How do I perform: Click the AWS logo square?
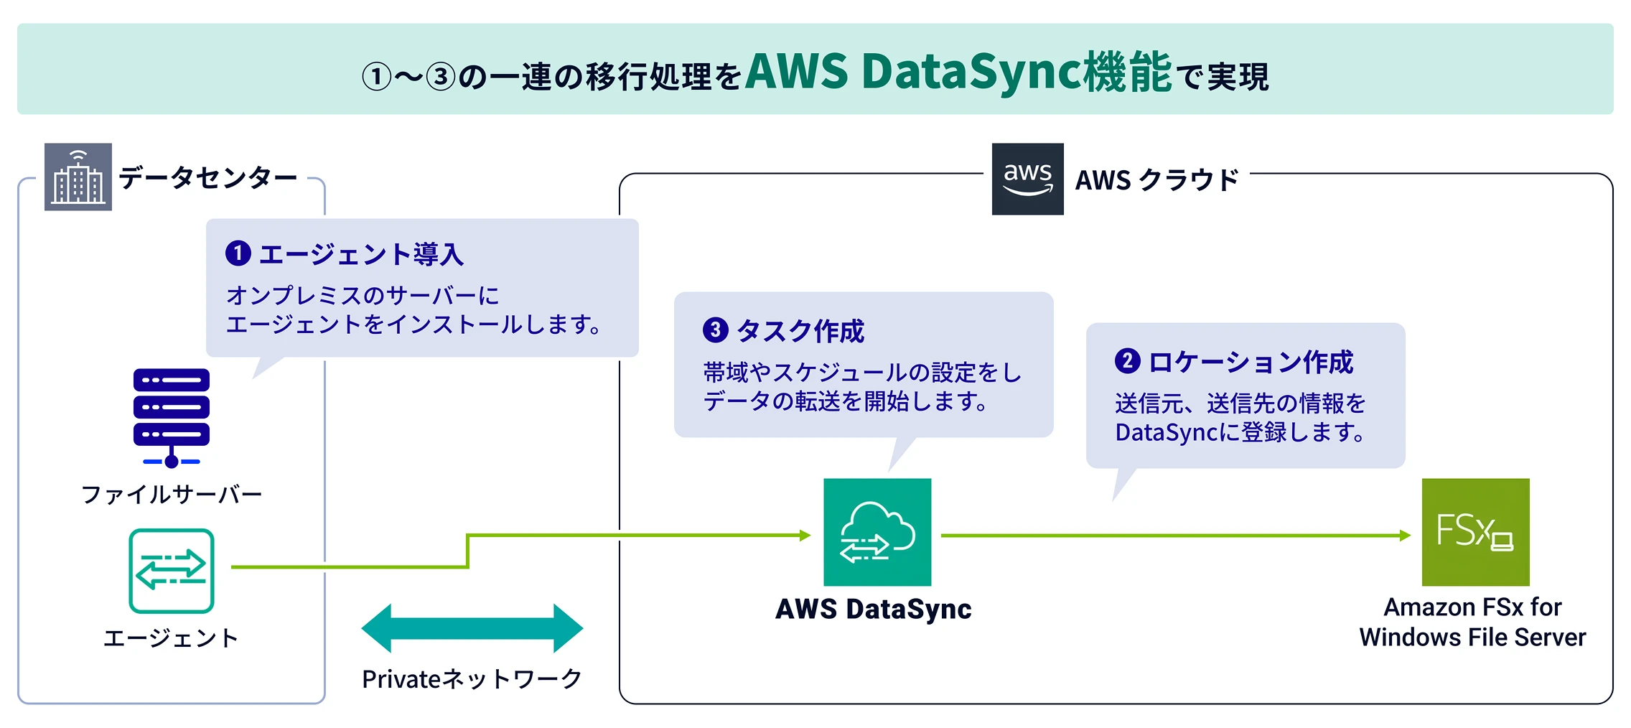coord(1027,179)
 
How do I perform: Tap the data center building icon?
coord(78,177)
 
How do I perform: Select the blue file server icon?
coord(172,416)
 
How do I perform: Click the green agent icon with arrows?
coord(172,571)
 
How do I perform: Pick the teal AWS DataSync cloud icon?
coord(877,532)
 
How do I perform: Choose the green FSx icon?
coord(1475,532)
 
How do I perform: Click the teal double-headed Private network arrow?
coord(472,628)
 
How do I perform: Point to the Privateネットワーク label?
coord(472,678)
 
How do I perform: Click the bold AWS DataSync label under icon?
coord(874,609)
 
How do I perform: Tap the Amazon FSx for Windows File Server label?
coord(1472,622)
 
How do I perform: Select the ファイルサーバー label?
coord(172,494)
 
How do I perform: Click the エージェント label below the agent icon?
coord(172,638)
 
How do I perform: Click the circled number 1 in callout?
coord(238,253)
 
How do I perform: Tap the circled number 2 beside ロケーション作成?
coord(1127,360)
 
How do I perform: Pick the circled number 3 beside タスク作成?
coord(715,330)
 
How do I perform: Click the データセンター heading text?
coord(207,177)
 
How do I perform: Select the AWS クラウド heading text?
coord(1156,179)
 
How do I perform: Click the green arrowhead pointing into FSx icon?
coord(1405,535)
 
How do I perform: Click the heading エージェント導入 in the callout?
coord(361,254)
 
